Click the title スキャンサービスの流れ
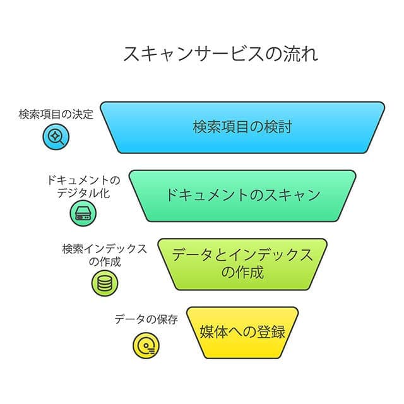(220, 54)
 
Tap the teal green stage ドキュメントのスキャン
(242, 194)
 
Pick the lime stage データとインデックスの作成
(242, 263)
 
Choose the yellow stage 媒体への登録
(242, 332)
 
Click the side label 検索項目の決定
(56, 115)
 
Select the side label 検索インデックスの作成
(105, 254)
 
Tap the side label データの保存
(146, 319)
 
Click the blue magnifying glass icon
(56, 136)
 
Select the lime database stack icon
(104, 282)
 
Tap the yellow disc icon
(146, 346)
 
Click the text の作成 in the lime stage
(242, 273)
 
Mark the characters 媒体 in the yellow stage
(213, 332)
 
